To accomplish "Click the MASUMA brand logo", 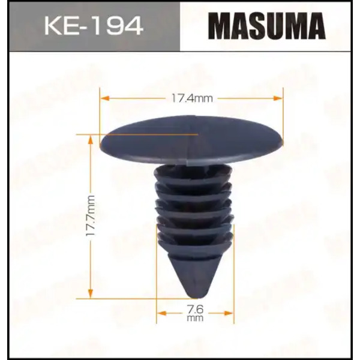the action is tap(266, 26).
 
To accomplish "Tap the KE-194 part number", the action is tap(94, 25).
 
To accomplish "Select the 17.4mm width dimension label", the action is tap(192, 98).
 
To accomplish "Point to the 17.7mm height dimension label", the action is tap(90, 215).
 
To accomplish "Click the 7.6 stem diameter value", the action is tap(195, 310).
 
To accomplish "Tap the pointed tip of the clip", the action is tap(196, 297).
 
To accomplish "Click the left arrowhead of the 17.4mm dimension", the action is tap(104, 98).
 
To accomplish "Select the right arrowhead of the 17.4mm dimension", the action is tap(278, 98).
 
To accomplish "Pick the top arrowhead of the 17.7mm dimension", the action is tap(91, 139).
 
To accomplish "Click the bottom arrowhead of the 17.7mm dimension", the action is tap(91, 294).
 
